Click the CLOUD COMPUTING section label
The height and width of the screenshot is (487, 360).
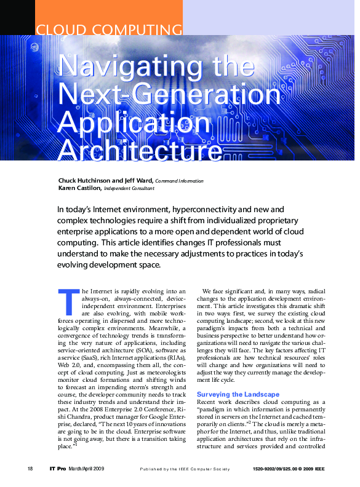tap(109, 30)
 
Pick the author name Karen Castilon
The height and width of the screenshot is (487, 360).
tap(79, 188)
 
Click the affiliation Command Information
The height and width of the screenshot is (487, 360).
tap(180, 181)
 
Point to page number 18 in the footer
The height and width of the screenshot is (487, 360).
tap(30, 469)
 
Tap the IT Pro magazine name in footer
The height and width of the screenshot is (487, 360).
tap(57, 469)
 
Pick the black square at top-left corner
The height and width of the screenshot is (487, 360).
tap(17, 17)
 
